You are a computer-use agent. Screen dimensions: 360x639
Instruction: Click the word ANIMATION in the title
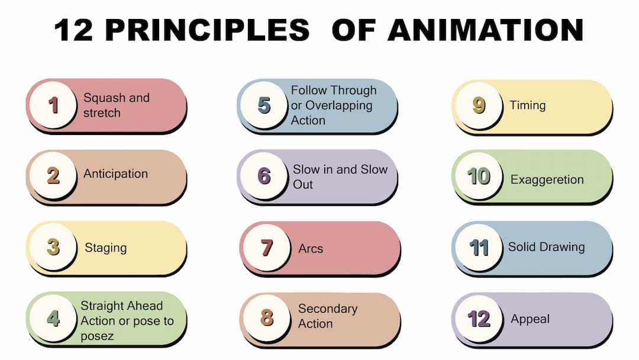click(x=485, y=30)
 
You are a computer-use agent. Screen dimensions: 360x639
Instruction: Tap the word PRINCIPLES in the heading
click(x=207, y=30)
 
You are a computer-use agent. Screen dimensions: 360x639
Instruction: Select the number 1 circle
click(x=53, y=105)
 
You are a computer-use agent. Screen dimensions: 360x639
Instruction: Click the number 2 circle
click(x=53, y=176)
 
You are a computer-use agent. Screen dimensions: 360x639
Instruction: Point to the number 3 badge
click(x=53, y=247)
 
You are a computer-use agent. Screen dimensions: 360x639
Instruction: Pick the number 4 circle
click(x=53, y=319)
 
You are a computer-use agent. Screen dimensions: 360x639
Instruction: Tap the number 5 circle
click(x=264, y=106)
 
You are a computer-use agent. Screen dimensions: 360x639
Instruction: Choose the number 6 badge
click(x=264, y=176)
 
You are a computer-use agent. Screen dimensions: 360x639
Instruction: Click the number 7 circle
click(x=267, y=247)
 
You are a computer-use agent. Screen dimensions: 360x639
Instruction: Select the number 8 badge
click(x=267, y=318)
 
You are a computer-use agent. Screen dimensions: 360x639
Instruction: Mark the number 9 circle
click(x=479, y=105)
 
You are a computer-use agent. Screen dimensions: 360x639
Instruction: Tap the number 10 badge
click(x=479, y=176)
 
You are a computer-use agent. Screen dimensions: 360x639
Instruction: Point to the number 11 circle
click(x=479, y=247)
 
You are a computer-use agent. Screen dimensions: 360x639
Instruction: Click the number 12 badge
click(x=479, y=319)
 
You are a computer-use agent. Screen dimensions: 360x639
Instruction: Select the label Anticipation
click(x=115, y=174)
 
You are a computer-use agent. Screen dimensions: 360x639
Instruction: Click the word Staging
click(x=106, y=247)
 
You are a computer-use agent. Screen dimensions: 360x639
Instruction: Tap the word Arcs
click(x=311, y=249)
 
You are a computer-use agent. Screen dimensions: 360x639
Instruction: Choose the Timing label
click(x=527, y=105)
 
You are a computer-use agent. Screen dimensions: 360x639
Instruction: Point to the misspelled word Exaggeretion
click(x=547, y=179)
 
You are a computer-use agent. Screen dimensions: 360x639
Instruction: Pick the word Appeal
click(x=530, y=319)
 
